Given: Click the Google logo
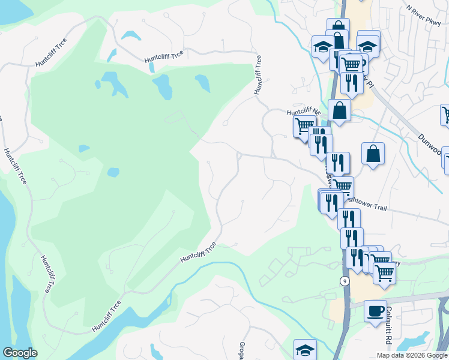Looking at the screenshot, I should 20,353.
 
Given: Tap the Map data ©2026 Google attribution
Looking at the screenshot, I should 412,355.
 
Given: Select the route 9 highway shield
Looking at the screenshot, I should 345,281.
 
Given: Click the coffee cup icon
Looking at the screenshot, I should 375,311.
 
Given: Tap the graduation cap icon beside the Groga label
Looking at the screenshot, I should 305,350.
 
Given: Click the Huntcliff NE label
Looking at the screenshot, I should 303,112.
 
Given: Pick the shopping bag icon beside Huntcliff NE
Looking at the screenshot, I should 340,110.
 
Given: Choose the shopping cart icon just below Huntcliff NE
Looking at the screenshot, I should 304,126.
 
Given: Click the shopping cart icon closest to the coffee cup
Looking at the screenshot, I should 384,272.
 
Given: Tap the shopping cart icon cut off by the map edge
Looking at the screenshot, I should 445,113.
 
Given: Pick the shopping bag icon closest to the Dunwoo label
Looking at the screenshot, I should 373,154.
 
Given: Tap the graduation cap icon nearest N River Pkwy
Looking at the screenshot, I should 367,44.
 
